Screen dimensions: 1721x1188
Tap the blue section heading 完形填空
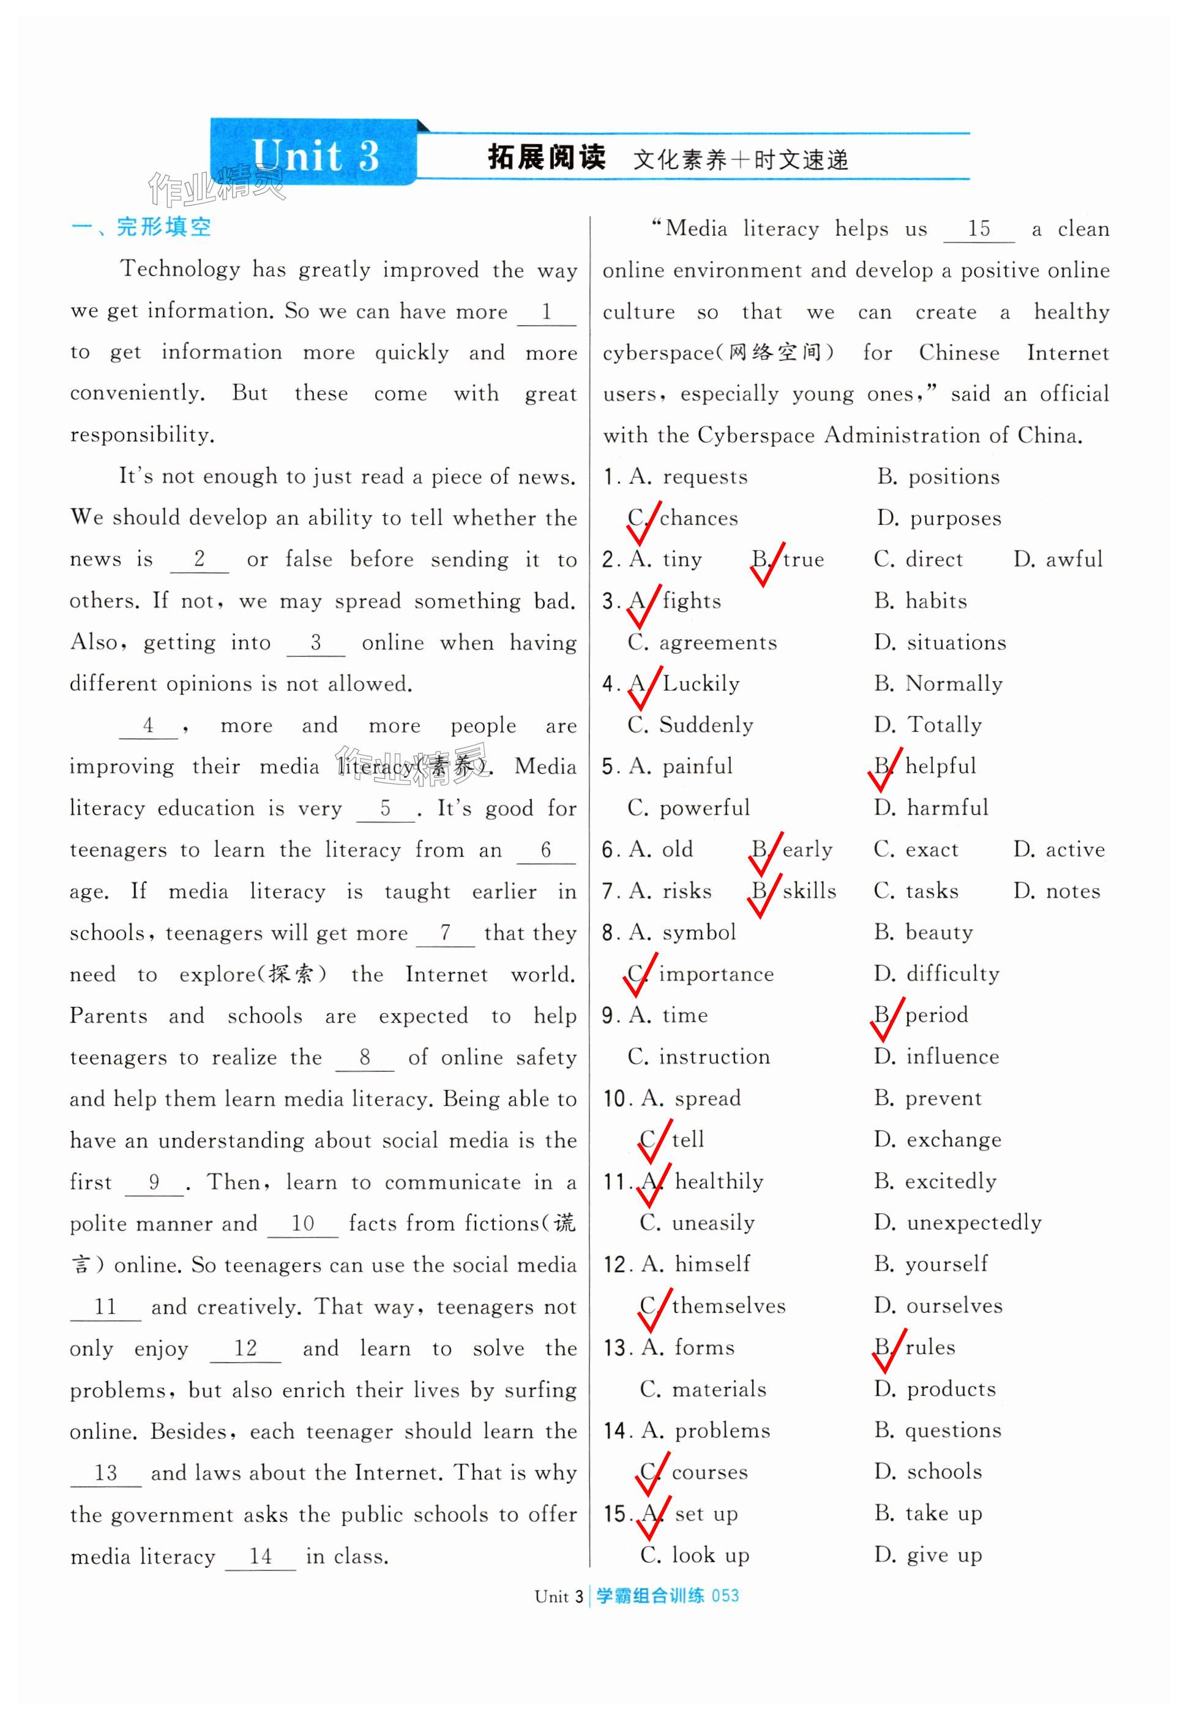[x=164, y=227]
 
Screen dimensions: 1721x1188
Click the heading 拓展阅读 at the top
[x=547, y=157]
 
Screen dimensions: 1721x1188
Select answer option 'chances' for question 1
[x=698, y=518]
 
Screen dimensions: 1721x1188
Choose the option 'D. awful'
[x=1057, y=559]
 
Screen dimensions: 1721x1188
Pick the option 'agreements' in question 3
[x=717, y=642]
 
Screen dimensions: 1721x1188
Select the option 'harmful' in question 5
[x=947, y=807]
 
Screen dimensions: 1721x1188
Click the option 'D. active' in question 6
[x=1058, y=849]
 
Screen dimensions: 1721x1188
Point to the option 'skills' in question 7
[x=809, y=891]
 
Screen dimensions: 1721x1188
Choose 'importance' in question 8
[x=716, y=973]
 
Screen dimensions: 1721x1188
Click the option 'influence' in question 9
[x=952, y=1056]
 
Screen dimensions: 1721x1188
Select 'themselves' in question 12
[x=728, y=1306]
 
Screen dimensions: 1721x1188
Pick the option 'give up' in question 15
[x=944, y=1554]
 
